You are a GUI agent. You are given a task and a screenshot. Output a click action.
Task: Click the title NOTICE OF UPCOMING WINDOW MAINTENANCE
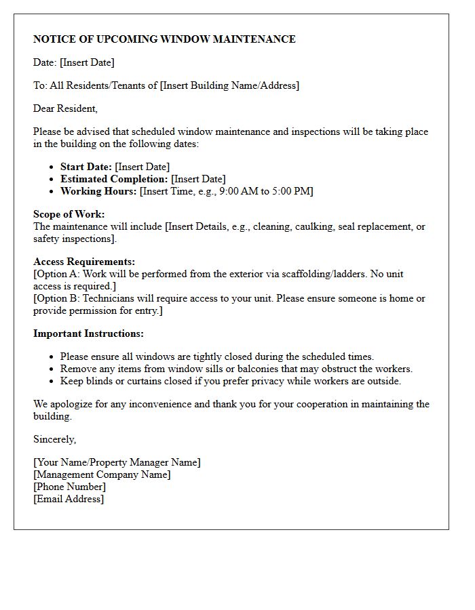click(164, 39)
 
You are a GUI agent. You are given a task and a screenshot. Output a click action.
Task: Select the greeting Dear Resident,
click(65, 108)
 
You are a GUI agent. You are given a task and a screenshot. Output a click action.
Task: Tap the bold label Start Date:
click(86, 167)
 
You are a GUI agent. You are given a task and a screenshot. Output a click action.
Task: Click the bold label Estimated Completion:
click(114, 179)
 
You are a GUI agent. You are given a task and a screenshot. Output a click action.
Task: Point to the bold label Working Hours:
click(98, 191)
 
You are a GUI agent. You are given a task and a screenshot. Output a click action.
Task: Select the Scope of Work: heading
click(69, 214)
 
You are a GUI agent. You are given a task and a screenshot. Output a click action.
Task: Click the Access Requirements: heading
click(84, 262)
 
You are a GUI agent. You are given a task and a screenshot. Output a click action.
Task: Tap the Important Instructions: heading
click(88, 333)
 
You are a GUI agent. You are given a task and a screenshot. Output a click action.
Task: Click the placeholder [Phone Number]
click(69, 487)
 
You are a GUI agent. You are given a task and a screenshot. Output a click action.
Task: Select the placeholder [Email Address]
click(69, 499)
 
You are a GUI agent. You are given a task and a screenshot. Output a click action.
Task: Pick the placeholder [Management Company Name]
click(102, 474)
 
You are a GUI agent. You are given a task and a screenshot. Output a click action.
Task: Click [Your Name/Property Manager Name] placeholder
click(117, 462)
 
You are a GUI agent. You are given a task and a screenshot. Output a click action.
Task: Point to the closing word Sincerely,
click(54, 439)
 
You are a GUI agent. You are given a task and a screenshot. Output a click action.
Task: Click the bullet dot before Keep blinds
click(52, 382)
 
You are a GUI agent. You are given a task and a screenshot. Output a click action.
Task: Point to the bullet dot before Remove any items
click(52, 369)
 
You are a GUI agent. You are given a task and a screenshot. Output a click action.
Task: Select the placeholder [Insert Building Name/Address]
click(229, 85)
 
